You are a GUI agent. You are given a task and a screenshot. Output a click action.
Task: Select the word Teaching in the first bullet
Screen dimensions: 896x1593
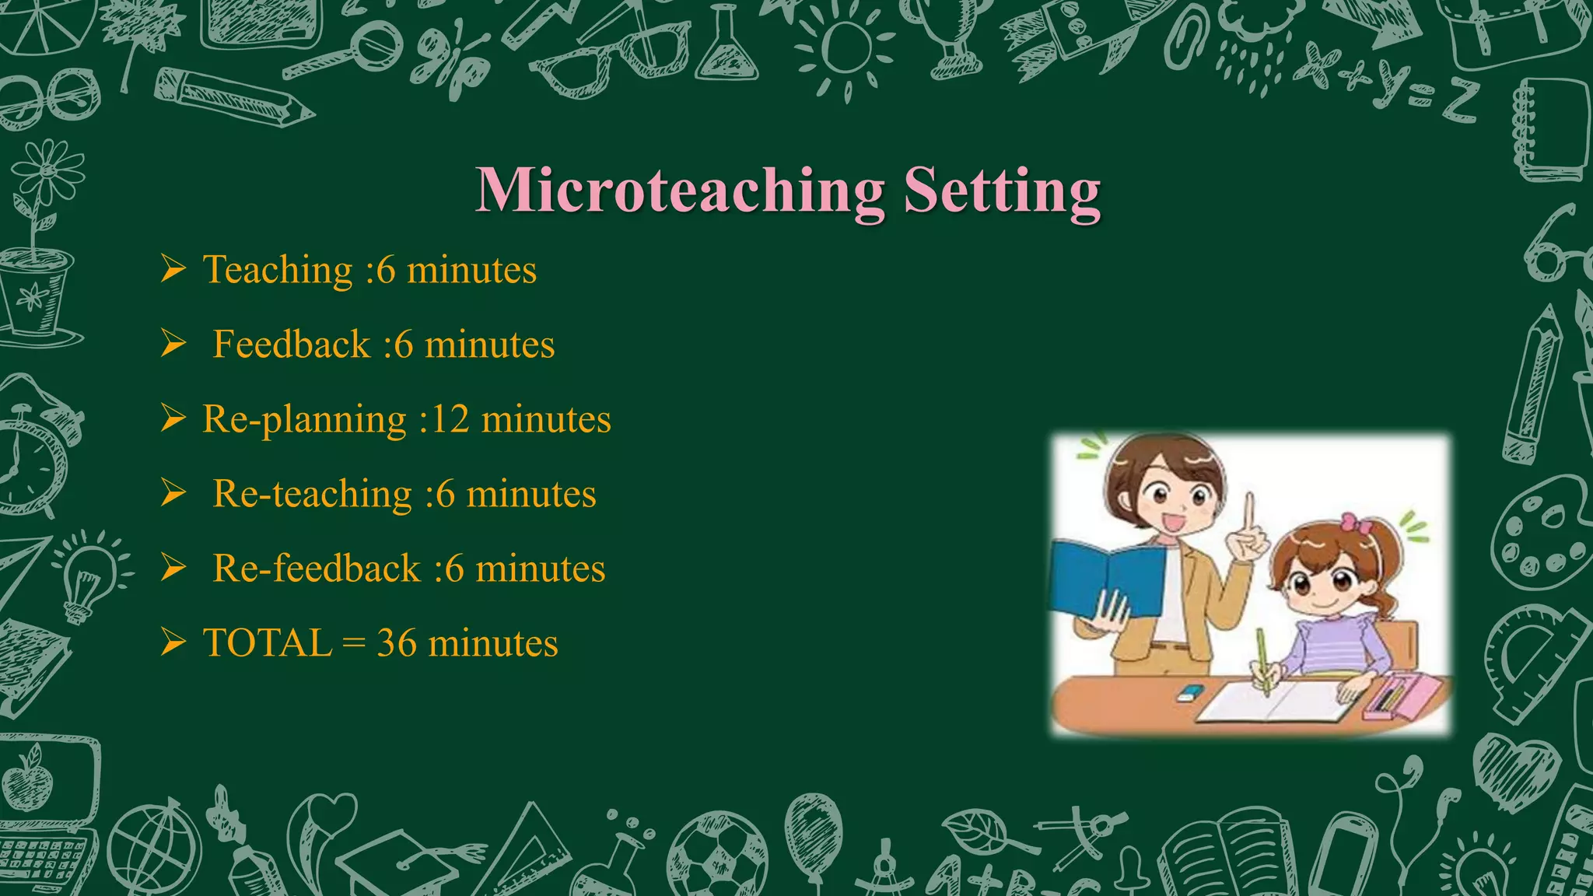coord(278,271)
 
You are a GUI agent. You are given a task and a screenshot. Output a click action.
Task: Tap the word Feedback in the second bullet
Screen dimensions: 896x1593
coord(291,345)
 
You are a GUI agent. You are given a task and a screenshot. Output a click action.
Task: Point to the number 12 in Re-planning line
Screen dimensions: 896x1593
coord(450,419)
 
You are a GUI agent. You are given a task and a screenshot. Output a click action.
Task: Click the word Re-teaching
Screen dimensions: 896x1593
coord(312,494)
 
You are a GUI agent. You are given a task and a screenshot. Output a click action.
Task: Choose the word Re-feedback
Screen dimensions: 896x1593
coord(316,569)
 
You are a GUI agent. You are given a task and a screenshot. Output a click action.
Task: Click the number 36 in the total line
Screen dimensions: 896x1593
coord(396,643)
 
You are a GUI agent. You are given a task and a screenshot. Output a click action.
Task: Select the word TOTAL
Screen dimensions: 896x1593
coord(267,643)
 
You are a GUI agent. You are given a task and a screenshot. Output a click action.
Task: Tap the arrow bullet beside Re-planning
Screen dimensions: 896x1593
coord(173,418)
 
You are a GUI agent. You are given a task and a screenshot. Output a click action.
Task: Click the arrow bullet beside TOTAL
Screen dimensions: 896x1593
coord(173,642)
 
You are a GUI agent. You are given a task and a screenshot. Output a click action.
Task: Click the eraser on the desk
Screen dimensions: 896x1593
coord(1189,693)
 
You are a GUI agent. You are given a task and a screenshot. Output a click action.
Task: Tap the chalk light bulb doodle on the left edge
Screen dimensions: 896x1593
coord(89,575)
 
